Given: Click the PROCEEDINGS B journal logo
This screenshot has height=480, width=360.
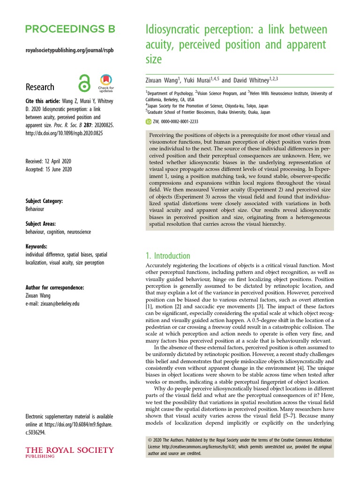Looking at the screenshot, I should click(x=70, y=29).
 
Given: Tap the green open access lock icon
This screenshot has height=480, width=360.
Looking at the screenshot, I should click(x=84, y=83).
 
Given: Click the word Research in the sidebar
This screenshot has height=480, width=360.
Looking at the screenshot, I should click(x=40, y=87).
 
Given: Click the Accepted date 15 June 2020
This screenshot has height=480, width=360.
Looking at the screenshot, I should click(x=48, y=169).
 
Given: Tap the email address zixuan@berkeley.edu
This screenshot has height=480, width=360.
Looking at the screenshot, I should click(x=52, y=303).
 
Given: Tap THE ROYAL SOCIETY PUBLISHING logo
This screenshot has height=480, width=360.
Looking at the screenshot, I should click(x=69, y=452).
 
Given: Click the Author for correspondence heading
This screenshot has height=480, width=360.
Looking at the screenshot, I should click(x=55, y=287).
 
